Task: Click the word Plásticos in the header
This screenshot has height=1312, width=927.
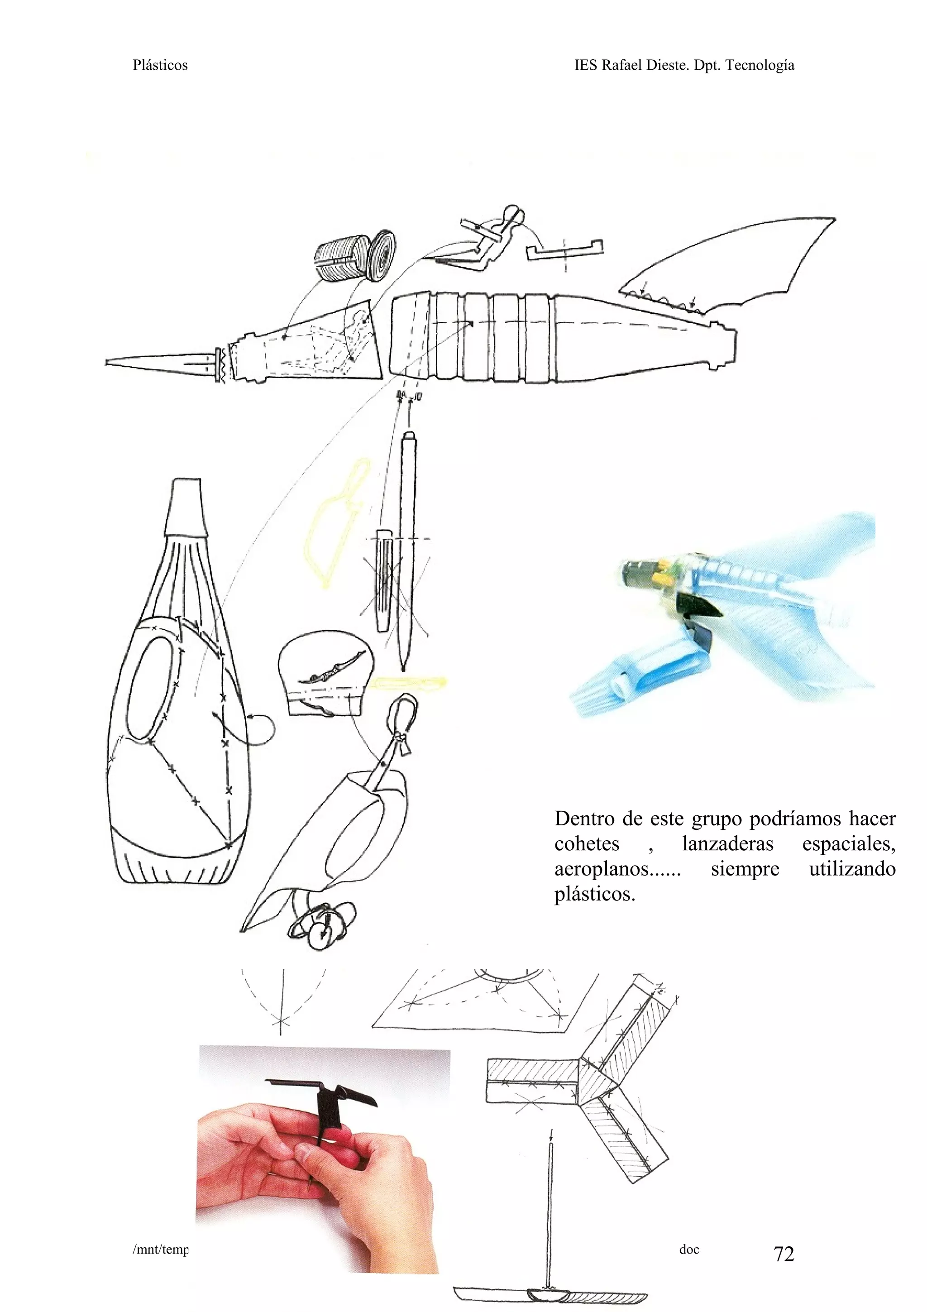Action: (160, 65)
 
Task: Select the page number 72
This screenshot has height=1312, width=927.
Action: (784, 1253)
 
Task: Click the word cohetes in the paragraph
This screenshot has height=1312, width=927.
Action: (587, 844)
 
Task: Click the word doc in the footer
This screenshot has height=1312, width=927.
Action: (689, 1250)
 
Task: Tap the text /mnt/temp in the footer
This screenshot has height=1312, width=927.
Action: (160, 1250)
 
